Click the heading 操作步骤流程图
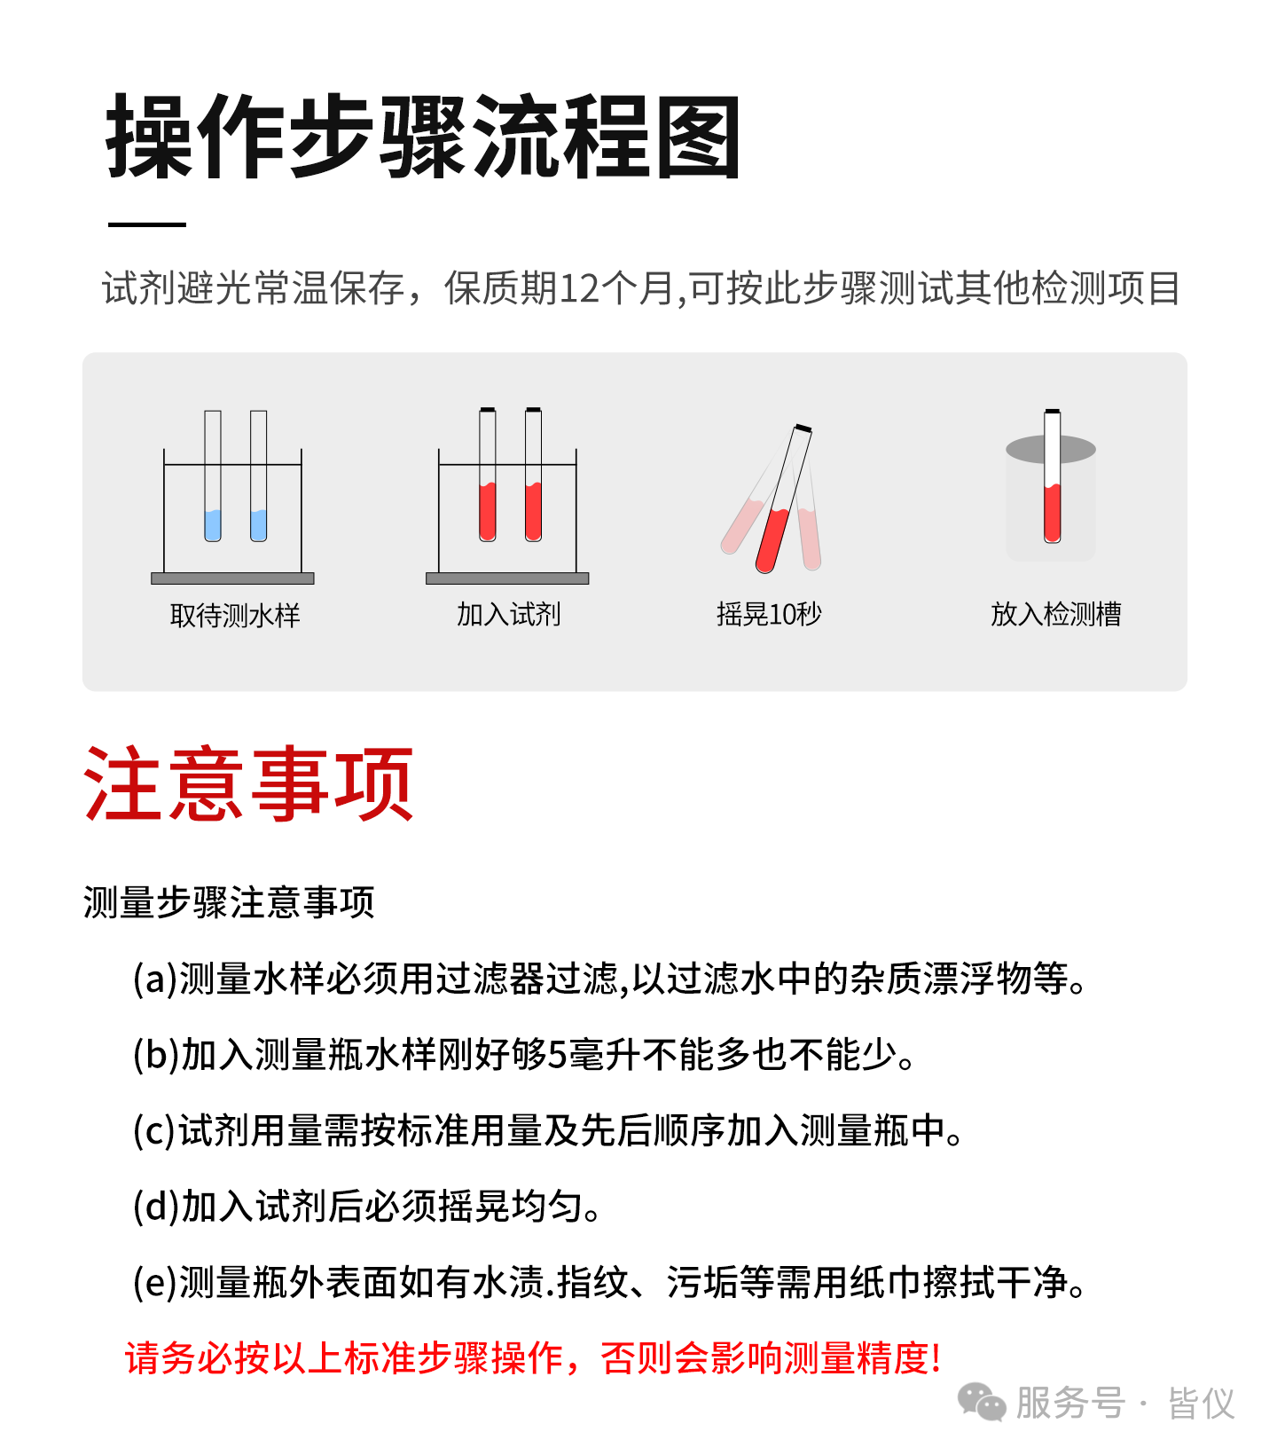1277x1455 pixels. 423,138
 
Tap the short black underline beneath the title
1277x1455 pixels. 147,224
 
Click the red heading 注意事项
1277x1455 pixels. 248,784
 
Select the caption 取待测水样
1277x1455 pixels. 235,615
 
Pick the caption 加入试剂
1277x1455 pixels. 508,614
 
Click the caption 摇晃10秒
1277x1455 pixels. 769,614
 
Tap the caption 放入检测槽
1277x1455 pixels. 1055,614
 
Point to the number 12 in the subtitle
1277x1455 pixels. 580,289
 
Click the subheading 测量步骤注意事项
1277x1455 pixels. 229,902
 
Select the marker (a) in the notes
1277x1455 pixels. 155,979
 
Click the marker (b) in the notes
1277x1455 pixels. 156,1055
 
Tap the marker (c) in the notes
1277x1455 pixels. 155,1130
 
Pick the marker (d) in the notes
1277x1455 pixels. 156,1207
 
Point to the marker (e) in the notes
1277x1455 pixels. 155,1283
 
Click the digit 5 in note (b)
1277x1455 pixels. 557,1055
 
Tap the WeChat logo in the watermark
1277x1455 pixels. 982,1403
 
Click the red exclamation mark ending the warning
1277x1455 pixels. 936,1358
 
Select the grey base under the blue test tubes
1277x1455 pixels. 232,578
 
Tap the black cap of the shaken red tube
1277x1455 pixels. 803,429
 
